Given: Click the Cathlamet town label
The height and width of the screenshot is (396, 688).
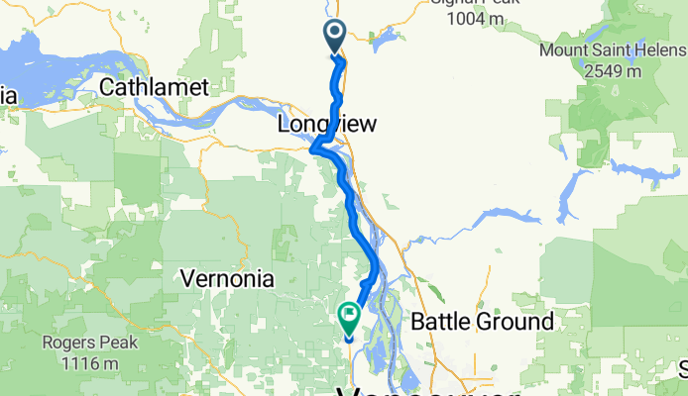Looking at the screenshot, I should [154, 88].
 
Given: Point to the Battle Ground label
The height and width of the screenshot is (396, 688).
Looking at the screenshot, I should [482, 322].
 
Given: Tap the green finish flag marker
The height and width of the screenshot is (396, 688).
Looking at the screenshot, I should [349, 317].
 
